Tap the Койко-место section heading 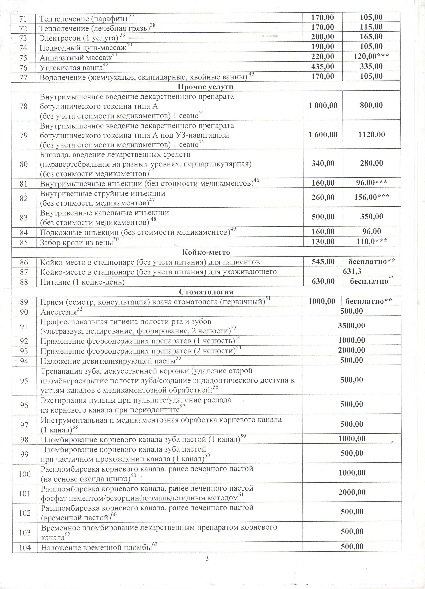tap(206, 252)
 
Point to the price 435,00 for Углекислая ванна tap(323, 67)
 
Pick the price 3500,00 tap(351, 325)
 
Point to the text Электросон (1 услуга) tap(79, 38)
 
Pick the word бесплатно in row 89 tap(364, 301)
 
